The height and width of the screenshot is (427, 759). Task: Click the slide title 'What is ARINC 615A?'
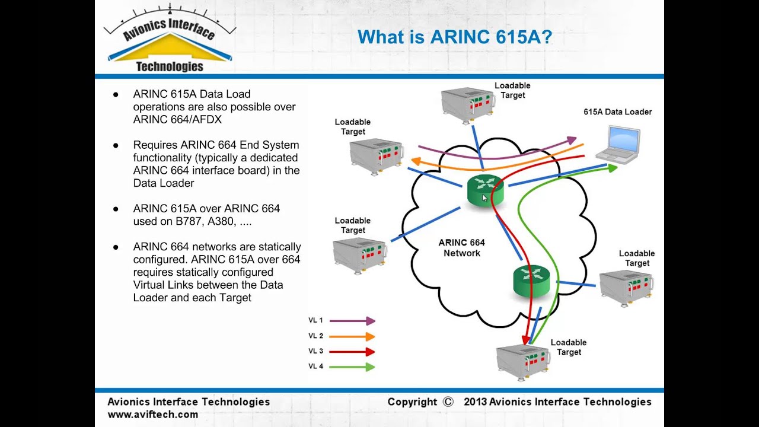455,37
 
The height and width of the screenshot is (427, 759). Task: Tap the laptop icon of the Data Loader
618,145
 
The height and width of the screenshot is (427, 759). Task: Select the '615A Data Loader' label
617,112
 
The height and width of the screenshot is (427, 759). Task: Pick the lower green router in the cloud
531,281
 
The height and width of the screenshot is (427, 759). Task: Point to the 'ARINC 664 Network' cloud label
462,248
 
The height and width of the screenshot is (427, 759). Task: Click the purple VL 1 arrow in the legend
352,321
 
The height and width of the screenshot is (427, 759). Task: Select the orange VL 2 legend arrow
352,336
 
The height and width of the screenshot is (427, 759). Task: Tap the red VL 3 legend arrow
352,352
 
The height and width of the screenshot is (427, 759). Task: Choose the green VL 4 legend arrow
352,367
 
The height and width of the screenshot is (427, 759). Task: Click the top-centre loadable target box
468,106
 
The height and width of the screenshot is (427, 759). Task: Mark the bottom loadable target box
523,362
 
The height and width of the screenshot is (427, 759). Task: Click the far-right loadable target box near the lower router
626,288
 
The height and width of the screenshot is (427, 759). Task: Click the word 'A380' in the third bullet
222,221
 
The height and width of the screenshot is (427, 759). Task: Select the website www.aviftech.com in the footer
153,415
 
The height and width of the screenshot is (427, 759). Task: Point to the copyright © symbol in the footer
448,402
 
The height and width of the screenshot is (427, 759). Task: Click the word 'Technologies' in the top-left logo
170,67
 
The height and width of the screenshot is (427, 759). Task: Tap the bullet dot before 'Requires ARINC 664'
116,146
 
